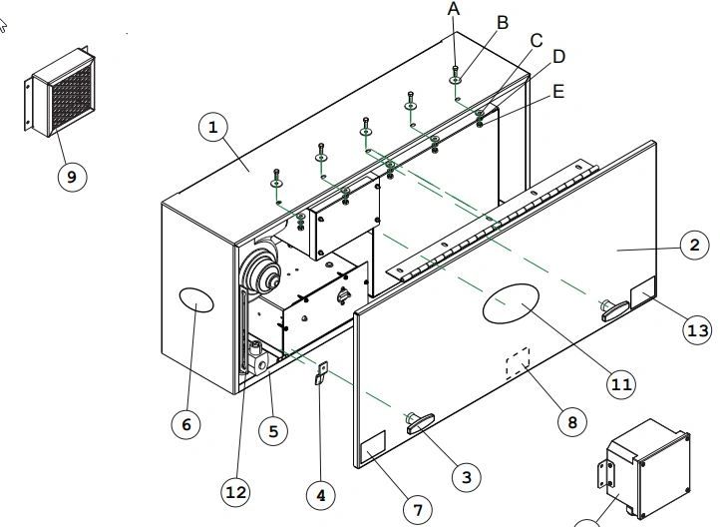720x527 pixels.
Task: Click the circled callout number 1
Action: point(213,128)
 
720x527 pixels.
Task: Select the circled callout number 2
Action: point(694,245)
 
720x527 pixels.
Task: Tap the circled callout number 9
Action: point(72,177)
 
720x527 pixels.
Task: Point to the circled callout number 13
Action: point(698,330)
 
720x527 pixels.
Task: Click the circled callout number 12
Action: point(236,492)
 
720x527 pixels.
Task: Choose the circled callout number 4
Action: point(321,495)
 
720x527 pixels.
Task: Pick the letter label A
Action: point(454,9)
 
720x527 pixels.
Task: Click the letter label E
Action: point(558,92)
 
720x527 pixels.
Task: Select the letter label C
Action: point(537,41)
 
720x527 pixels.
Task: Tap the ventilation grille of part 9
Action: point(72,99)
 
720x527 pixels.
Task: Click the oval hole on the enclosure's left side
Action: point(196,300)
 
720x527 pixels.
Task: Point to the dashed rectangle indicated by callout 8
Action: point(518,363)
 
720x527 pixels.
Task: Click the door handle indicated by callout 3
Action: point(420,423)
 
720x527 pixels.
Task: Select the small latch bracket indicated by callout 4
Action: point(321,372)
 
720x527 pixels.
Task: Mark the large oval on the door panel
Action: point(511,303)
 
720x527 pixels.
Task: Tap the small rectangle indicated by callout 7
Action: point(373,446)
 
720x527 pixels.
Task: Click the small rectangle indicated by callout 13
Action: point(643,292)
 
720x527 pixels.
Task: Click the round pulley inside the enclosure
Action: point(261,271)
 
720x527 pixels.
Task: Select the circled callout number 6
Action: point(185,424)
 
